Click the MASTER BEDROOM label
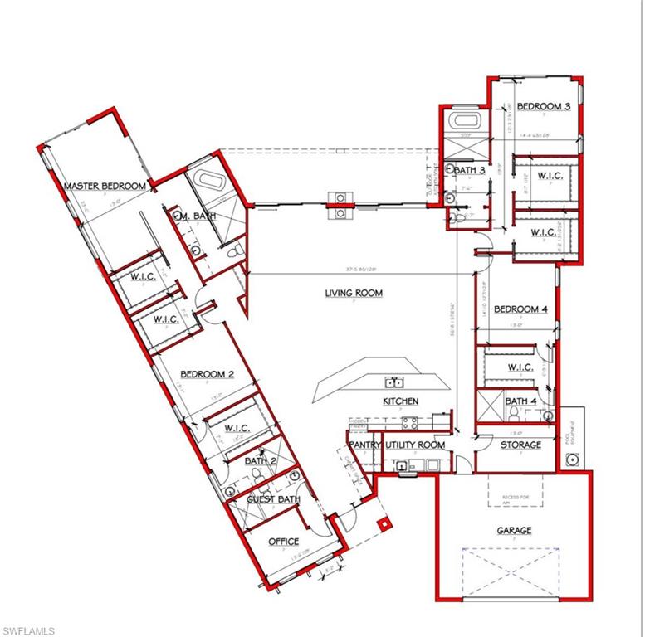click(x=105, y=187)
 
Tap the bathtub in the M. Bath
click(x=205, y=182)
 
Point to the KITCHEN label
click(x=400, y=402)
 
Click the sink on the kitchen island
click(x=394, y=382)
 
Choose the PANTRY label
click(x=363, y=445)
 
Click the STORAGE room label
click(x=520, y=445)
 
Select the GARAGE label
click(x=514, y=531)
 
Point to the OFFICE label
click(x=283, y=542)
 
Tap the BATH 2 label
click(x=261, y=460)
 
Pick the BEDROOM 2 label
click(x=207, y=375)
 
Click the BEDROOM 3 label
click(x=543, y=107)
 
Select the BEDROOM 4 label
click(x=520, y=310)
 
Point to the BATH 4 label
click(x=521, y=402)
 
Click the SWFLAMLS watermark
click(x=29, y=630)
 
